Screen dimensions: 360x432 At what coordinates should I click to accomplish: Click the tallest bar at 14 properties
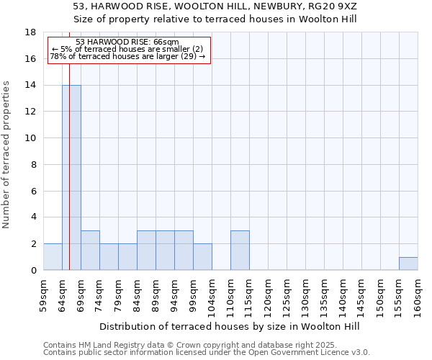coord(71,177)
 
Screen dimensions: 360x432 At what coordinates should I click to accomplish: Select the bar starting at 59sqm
coord(53,257)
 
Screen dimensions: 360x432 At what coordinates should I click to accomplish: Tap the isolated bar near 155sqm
coord(408,264)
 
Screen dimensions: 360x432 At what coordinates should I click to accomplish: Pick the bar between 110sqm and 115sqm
coord(240,251)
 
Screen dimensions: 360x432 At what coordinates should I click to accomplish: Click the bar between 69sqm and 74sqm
coord(90,251)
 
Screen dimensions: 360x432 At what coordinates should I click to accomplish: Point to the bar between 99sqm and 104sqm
coord(202,257)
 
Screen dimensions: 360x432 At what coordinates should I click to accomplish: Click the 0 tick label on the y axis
coord(33,271)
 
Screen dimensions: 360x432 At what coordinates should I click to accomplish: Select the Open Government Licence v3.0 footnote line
coord(207,353)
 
